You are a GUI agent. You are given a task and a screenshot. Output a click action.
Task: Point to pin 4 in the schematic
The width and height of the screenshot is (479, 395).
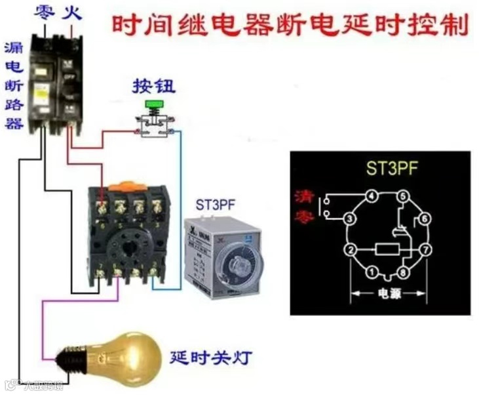371,195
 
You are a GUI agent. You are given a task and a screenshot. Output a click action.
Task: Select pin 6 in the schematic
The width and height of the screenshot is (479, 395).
424,218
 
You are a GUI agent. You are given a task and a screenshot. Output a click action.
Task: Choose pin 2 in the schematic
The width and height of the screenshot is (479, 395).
351,250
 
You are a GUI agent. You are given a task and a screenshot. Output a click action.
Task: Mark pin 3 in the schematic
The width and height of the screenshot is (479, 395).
351,218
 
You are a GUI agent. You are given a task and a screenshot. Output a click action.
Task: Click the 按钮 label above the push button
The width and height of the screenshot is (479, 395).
154,86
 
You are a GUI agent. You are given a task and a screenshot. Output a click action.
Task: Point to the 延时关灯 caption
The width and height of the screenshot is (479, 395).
210,358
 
